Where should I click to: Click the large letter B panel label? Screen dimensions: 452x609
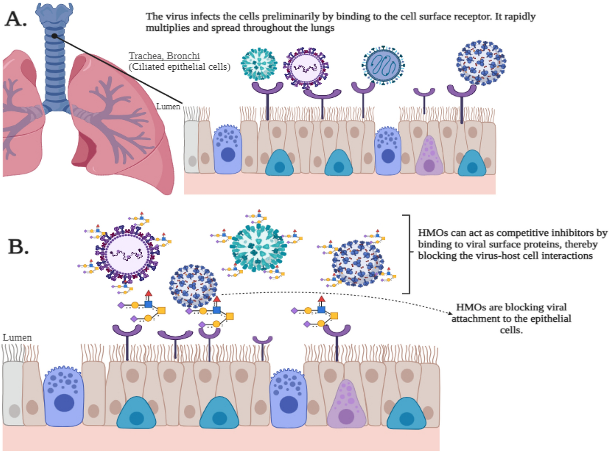pos(18,246)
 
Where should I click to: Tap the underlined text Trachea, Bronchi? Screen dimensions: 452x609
pos(164,56)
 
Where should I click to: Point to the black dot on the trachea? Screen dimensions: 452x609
pos(54,35)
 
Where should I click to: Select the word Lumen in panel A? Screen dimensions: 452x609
pos(168,107)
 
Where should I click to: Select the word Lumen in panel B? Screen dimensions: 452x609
pos(17,337)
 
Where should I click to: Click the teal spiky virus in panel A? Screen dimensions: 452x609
pos(259,64)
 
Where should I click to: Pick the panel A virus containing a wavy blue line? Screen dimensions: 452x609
pos(383,65)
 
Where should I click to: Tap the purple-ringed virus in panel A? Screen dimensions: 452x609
pos(306,68)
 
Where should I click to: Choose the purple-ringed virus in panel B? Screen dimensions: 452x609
pos(126,254)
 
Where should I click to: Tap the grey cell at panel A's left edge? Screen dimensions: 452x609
pos(192,147)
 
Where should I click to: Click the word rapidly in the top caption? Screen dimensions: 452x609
pos(520,16)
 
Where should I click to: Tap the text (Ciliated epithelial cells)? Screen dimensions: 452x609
pos(179,67)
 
